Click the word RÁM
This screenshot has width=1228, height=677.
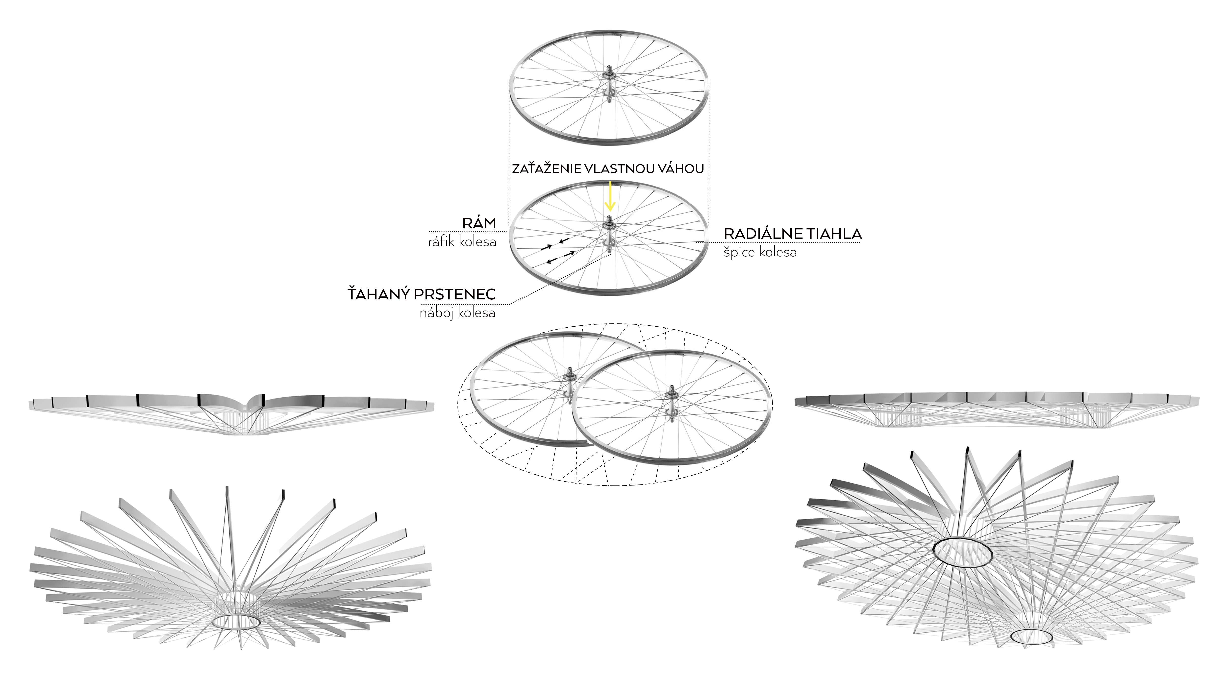[x=479, y=223]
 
